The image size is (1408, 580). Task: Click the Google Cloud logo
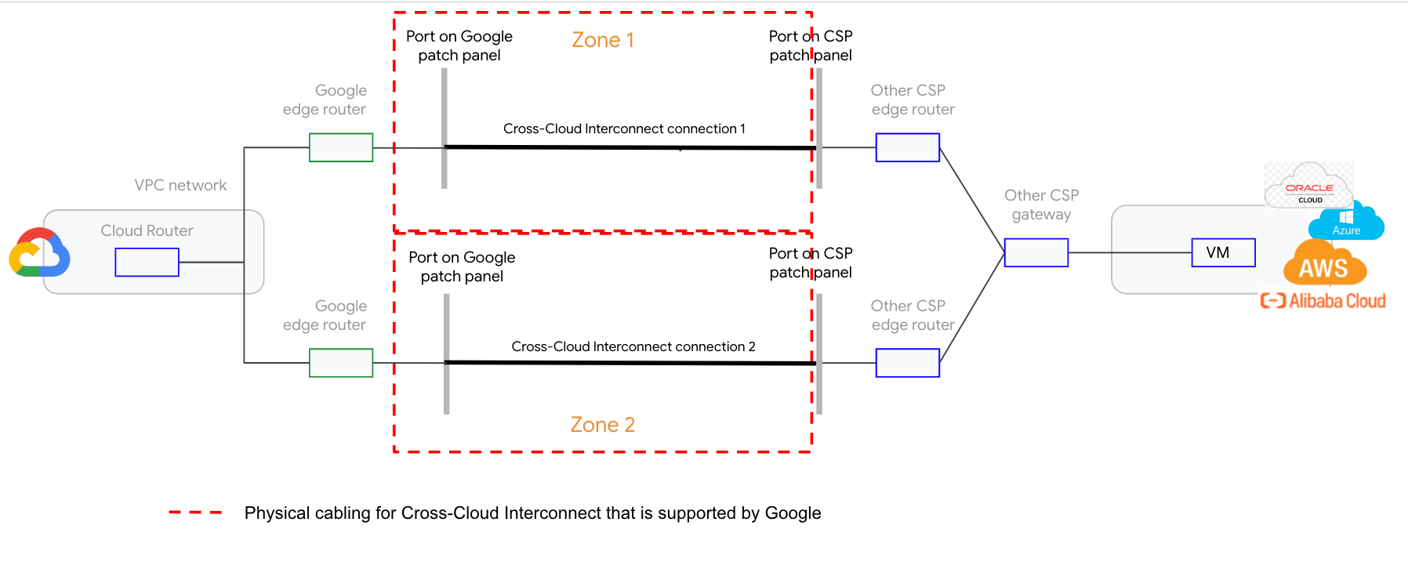click(39, 253)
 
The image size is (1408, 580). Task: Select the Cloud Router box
click(147, 262)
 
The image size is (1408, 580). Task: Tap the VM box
click(1223, 252)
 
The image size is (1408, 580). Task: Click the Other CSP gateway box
click(1036, 252)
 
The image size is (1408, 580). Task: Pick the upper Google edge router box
click(340, 147)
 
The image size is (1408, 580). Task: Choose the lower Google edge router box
click(340, 363)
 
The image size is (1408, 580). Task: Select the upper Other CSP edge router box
click(907, 147)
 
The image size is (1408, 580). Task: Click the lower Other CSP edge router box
click(907, 363)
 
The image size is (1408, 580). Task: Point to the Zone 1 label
click(602, 40)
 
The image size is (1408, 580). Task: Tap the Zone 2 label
click(602, 425)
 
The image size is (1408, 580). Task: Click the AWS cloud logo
click(1324, 265)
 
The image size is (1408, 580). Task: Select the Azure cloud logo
click(1346, 221)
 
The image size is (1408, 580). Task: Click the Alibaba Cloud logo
click(1323, 301)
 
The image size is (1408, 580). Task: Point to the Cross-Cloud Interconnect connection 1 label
click(624, 129)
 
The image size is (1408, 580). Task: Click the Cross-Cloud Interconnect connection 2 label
click(633, 346)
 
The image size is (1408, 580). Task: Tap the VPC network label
click(180, 185)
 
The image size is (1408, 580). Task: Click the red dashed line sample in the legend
click(195, 513)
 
